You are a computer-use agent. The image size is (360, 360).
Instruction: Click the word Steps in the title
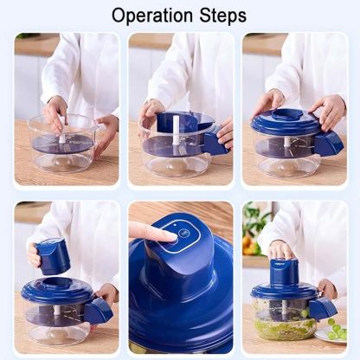(x=221, y=15)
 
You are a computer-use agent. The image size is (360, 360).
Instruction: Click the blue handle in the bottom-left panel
(x=99, y=310)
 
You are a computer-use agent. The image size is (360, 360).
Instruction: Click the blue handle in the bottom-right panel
(x=323, y=307)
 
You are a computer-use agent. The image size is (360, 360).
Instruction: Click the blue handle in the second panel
(x=213, y=144)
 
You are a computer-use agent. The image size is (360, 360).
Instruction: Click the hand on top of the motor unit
(x=283, y=250)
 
